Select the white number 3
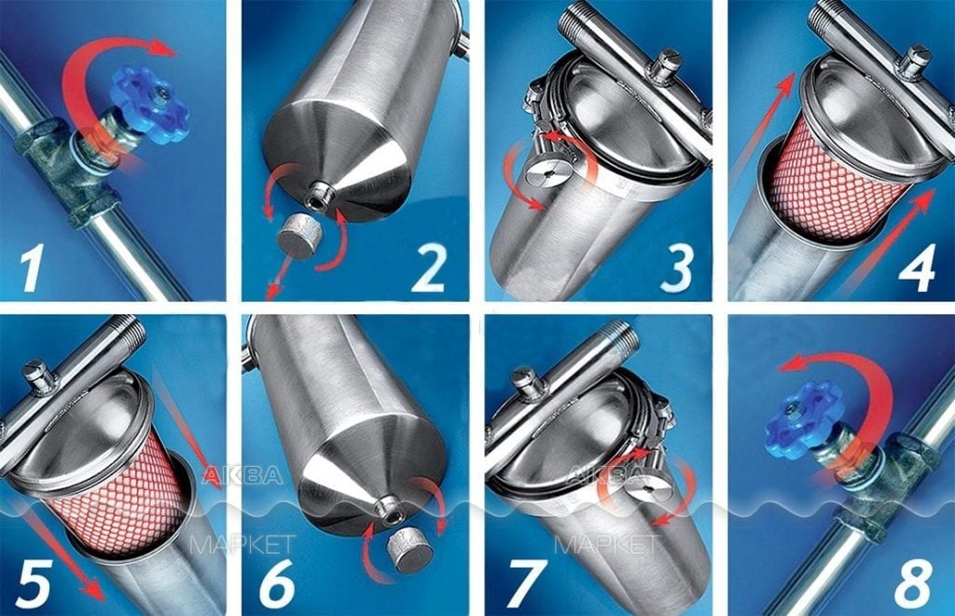tap(677, 268)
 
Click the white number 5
tap(33, 583)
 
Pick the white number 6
tap(277, 582)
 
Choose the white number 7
tap(525, 583)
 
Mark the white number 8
tap(913, 582)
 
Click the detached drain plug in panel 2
tap(298, 235)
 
